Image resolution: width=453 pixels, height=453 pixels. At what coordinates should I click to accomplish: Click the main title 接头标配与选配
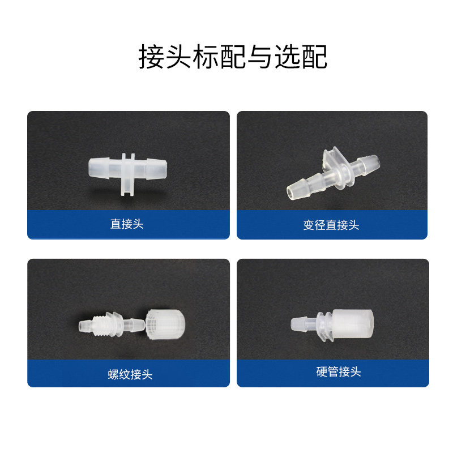click(233, 57)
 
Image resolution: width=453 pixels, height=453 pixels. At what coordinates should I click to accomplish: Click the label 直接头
click(127, 224)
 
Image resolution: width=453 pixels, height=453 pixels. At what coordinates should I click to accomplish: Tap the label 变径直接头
click(331, 225)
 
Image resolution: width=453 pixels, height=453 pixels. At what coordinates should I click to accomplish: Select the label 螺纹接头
click(130, 374)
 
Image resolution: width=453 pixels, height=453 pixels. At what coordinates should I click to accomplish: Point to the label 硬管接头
click(338, 371)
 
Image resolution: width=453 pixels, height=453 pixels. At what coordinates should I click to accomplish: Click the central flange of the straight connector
click(128, 174)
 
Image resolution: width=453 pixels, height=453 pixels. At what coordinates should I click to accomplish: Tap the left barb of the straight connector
click(99, 168)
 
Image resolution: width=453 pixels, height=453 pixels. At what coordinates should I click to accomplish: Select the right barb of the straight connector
click(156, 169)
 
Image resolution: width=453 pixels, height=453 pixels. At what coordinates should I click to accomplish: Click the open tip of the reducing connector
click(291, 192)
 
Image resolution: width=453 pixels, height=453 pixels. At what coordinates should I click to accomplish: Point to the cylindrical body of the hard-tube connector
click(352, 323)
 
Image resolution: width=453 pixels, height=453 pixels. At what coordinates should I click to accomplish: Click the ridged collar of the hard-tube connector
click(325, 325)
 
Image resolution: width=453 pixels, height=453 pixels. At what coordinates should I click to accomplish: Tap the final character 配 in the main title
click(315, 57)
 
